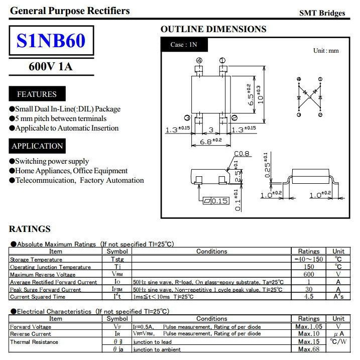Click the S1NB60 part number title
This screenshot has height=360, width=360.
click(x=51, y=41)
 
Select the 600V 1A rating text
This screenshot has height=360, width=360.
click(x=51, y=66)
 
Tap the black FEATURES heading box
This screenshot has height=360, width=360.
click(x=37, y=94)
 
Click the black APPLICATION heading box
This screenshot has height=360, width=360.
click(x=37, y=146)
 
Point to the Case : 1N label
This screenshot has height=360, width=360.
click(x=184, y=45)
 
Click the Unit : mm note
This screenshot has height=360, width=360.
click(x=326, y=51)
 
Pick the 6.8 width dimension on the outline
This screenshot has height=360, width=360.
click(x=210, y=142)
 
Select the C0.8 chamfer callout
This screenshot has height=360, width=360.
click(x=242, y=154)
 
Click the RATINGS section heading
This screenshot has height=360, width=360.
click(x=30, y=229)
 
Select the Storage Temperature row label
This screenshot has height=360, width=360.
click(x=36, y=259)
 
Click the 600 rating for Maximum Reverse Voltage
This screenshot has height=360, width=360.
click(x=309, y=274)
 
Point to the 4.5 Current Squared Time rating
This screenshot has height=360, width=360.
click(x=309, y=296)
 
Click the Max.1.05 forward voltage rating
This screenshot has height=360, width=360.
click(x=309, y=326)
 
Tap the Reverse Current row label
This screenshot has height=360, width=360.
click(x=31, y=334)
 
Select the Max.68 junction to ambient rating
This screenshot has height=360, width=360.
click(x=309, y=349)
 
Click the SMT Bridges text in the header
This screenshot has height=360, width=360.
click(x=322, y=13)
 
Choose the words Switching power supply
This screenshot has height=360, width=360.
click(x=52, y=161)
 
